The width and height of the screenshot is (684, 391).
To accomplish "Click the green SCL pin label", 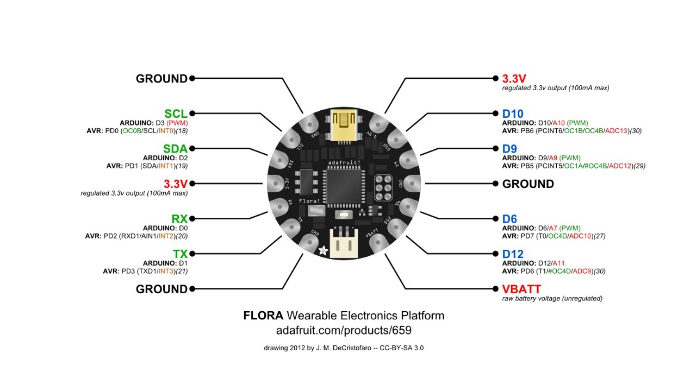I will (x=176, y=113).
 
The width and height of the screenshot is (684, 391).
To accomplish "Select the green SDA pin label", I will (x=175, y=149).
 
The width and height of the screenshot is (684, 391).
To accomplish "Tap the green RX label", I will (x=179, y=219).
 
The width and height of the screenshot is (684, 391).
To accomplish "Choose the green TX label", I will (x=180, y=254).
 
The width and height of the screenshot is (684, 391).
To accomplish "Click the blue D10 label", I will (x=513, y=113).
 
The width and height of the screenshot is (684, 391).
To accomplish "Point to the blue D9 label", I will (x=509, y=149).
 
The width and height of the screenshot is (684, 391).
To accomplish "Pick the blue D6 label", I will (x=509, y=219).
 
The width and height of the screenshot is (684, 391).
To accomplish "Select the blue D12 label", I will (x=513, y=254).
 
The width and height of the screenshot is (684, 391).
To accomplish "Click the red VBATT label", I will (x=521, y=289).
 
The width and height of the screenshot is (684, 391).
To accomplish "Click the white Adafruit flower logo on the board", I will (x=323, y=250).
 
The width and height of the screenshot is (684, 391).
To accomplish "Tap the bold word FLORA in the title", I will (x=263, y=316).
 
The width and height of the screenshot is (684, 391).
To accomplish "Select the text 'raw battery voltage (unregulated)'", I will (x=552, y=298).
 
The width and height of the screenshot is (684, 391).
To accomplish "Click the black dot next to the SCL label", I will (x=191, y=113).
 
